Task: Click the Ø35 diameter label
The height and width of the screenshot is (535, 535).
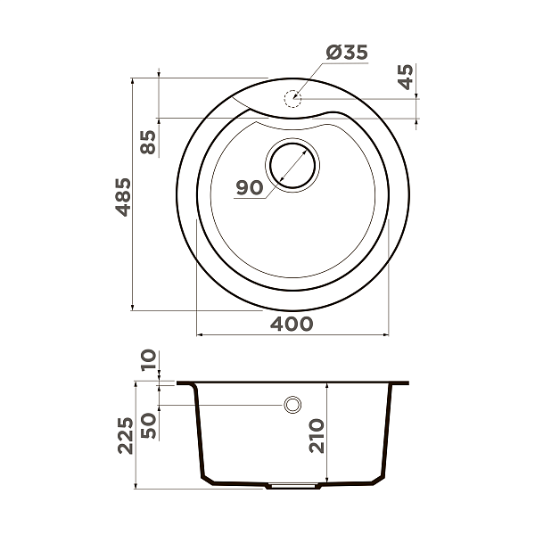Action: pyautogui.click(x=347, y=53)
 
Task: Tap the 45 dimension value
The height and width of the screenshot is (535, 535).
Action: pyautogui.click(x=407, y=78)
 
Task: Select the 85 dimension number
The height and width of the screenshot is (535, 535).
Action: pyautogui.click(x=148, y=142)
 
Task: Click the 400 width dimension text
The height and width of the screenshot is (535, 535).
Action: pyautogui.click(x=292, y=323)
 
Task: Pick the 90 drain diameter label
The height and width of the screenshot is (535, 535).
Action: pyautogui.click(x=249, y=188)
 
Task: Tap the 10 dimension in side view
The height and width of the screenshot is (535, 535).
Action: pyautogui.click(x=148, y=360)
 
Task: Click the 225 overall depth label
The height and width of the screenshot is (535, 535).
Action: pyautogui.click(x=124, y=435)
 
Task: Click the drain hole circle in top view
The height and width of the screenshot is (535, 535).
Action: pyautogui.click(x=292, y=165)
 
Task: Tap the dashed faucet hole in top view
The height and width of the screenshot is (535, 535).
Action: pyautogui.click(x=292, y=98)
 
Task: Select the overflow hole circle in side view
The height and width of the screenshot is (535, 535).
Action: pyautogui.click(x=292, y=405)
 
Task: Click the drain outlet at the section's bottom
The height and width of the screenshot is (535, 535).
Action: pyautogui.click(x=293, y=488)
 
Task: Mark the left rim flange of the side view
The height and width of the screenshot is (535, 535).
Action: pyautogui.click(x=186, y=383)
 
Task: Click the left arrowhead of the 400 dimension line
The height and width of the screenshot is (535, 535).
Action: pyautogui.click(x=199, y=335)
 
